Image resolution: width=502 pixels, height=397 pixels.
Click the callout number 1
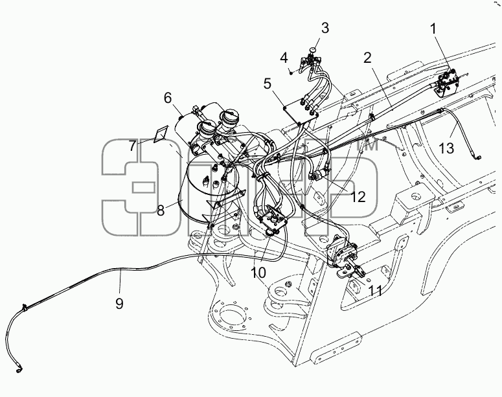coord(433,29)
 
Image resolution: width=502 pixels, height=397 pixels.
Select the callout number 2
coord(367,58)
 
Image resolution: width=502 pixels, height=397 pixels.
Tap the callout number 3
coord(325,28)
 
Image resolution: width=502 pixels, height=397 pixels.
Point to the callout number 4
coord(284,58)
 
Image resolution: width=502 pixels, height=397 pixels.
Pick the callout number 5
coord(268,84)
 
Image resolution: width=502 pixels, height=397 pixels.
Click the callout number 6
coord(168,98)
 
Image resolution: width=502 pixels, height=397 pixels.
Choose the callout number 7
coord(133,146)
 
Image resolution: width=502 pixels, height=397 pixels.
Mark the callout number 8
coord(161,210)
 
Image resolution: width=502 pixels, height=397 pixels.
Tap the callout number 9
coord(119,303)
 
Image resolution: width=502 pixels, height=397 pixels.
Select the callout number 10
coord(258,273)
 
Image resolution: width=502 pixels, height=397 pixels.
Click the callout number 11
coord(375,291)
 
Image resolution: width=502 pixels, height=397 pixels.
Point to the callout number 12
coord(358,197)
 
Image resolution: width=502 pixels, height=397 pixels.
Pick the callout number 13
coord(446,148)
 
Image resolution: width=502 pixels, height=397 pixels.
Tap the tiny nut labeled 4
coord(291,73)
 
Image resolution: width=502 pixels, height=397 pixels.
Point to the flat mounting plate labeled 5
coord(301,111)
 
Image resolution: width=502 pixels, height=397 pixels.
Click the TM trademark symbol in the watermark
coord(367,144)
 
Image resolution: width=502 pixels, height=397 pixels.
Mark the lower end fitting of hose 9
coord(19,369)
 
